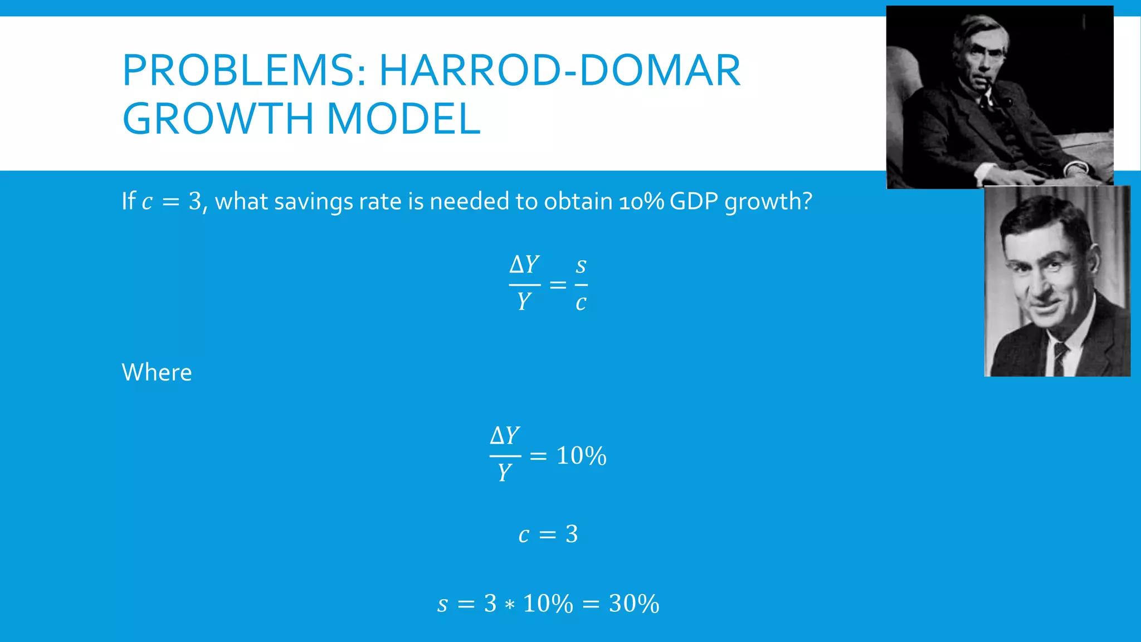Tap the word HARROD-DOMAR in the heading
[559, 71]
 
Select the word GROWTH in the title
[218, 119]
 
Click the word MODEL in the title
[403, 119]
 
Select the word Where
[157, 372]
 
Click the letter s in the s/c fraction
[581, 265]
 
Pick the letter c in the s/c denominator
[581, 303]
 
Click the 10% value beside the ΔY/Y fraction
[581, 456]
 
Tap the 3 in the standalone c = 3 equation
[572, 534]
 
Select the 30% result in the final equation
[634, 604]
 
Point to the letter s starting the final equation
[442, 605]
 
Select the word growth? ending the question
[768, 202]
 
